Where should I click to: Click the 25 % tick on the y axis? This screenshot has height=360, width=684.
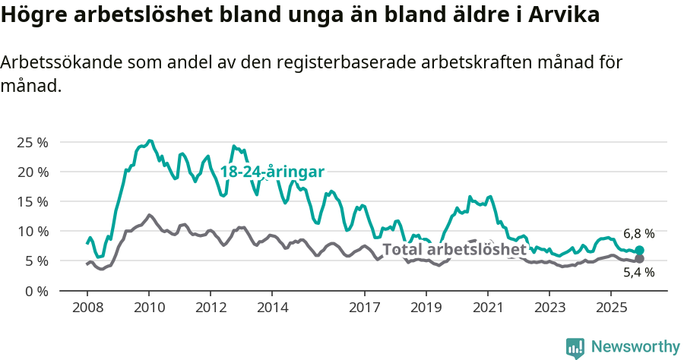32,142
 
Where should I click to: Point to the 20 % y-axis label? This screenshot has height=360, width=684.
32,172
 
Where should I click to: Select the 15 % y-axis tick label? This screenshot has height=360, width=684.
32,201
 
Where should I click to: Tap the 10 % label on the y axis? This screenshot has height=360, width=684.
32,231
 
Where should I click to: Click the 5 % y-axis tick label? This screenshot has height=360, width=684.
35,261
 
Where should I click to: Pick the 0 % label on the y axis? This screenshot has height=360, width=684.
35,291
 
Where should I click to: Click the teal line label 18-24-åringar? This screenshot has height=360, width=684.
272,172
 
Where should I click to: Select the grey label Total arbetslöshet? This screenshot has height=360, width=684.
454,249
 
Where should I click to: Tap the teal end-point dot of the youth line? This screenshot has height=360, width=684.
640,250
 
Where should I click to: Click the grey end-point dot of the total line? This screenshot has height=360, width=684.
640,259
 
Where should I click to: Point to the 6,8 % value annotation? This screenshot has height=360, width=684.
638,234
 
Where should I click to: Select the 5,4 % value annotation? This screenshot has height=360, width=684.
638,273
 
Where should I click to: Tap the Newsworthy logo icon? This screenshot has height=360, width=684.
575,348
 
